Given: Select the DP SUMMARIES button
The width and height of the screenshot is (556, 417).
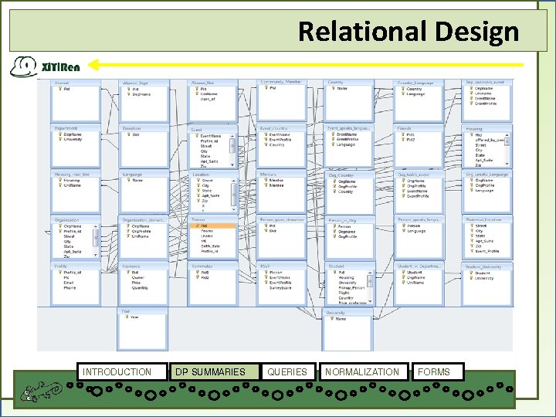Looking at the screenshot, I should click(x=210, y=372).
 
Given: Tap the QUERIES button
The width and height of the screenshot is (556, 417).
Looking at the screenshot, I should click(x=287, y=372).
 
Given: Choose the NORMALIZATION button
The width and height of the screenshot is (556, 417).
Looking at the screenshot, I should click(x=362, y=372).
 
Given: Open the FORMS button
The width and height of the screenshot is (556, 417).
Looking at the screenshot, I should click(x=434, y=372).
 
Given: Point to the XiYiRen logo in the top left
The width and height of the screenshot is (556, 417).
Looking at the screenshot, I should click(x=45, y=66).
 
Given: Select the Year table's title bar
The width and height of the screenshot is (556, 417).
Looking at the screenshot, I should click(x=143, y=310).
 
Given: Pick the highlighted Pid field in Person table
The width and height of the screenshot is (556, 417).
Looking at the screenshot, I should click(x=204, y=225).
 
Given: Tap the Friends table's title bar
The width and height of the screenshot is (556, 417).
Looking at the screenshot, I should click(x=416, y=128).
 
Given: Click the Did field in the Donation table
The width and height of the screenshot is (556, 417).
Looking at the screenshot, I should click(x=135, y=134).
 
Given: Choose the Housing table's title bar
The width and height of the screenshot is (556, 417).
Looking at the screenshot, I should click(x=485, y=129).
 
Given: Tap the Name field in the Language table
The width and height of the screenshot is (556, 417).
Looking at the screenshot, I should click(x=137, y=180).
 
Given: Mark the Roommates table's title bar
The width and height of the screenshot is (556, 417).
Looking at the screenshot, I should click(x=211, y=266).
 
